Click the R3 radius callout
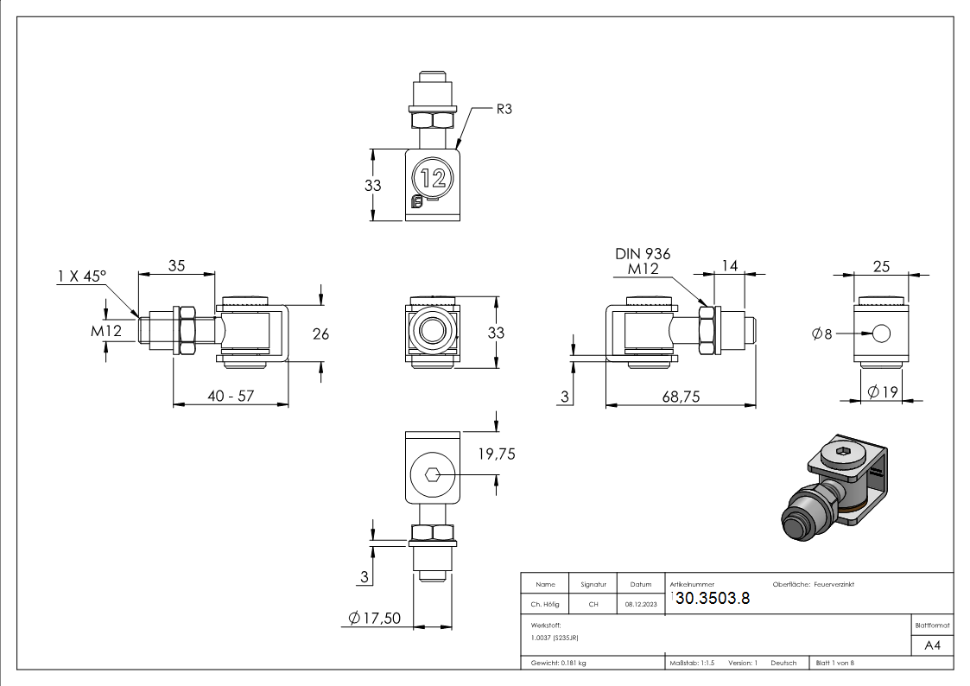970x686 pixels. [504, 110]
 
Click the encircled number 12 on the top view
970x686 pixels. [433, 178]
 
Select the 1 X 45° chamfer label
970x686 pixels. [81, 276]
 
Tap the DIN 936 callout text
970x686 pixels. [642, 253]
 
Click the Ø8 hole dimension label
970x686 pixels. [822, 333]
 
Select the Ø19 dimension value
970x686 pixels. [884, 392]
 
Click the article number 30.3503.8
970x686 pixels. [712, 600]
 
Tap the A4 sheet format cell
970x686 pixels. [932, 645]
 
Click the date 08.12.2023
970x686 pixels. [640, 605]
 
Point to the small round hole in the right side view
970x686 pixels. [880, 333]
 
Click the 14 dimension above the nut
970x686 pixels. [730, 266]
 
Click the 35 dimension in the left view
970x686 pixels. [176, 266]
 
